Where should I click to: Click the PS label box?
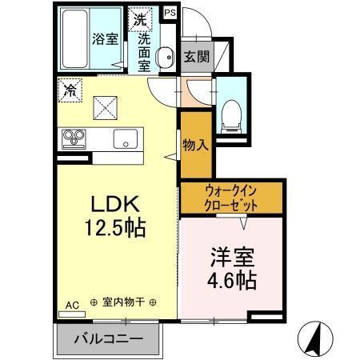point(170,14)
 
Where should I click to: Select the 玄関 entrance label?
point(195,57)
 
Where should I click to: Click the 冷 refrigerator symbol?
point(70,90)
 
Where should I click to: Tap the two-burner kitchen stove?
point(74,138)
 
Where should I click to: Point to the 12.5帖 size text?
point(114,228)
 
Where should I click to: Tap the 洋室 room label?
point(231,258)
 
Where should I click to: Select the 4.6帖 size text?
point(233,282)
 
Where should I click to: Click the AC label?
point(72,305)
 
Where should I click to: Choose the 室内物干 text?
point(123,303)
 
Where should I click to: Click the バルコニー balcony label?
point(109,338)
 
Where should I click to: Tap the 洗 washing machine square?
point(141,18)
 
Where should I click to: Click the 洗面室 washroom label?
point(144,50)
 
